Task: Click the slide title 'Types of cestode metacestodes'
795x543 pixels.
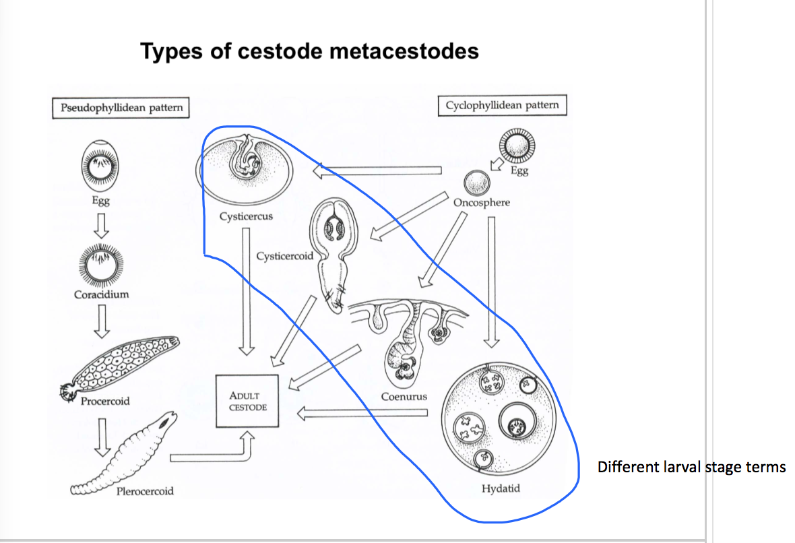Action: point(310,52)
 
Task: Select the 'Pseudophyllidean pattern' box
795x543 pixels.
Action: point(121,108)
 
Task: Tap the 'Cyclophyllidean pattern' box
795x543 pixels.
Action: point(502,105)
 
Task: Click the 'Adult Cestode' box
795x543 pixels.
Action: point(247,402)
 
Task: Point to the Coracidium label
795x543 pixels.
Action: point(101,294)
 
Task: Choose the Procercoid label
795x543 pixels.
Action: point(105,401)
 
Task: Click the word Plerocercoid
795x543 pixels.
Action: point(145,491)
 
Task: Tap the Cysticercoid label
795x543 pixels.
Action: point(284,256)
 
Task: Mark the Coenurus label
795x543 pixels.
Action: point(404,396)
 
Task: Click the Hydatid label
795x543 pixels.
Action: point(501,488)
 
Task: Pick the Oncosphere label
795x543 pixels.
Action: point(482,202)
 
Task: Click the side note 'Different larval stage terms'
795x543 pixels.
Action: point(691,466)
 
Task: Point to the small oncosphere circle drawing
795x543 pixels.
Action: point(477,182)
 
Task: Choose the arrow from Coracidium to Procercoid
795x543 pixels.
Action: point(101,319)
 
